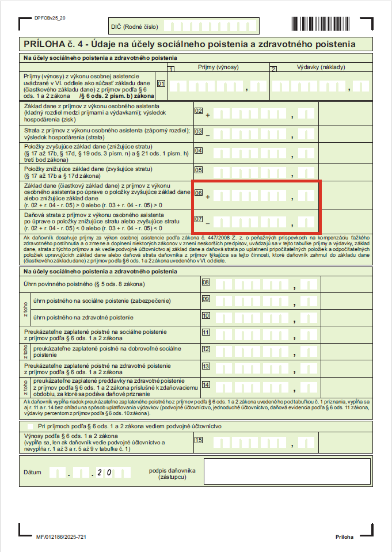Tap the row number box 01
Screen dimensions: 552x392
161,83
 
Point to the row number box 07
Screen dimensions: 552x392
199,219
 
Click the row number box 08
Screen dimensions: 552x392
205,282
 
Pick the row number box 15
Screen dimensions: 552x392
199,440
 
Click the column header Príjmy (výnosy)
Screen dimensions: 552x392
218,67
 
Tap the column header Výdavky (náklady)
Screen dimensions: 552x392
321,67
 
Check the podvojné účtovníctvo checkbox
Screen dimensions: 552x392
31,426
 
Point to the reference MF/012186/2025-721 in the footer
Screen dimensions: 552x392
61,536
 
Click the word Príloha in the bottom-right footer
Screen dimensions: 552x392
344,536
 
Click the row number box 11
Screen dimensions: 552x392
205,332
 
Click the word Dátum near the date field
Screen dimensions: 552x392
32,473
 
